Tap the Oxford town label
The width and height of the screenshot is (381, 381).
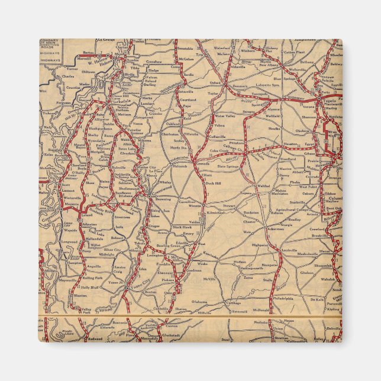tap(215, 83)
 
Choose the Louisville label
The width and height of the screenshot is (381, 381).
tap(289, 250)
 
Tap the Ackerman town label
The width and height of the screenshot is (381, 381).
tap(259, 228)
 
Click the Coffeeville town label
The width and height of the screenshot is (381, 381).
tap(217, 137)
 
